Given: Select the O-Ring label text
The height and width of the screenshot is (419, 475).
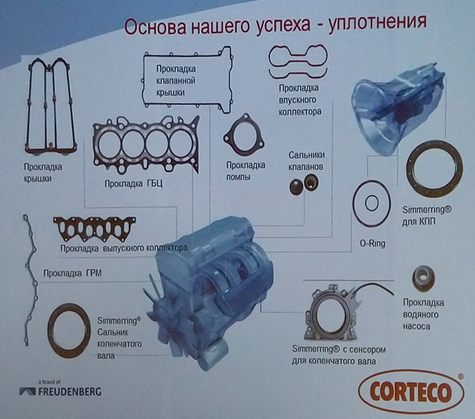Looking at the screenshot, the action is click(x=372, y=243).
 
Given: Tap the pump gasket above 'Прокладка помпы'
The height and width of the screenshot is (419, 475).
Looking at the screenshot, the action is click(x=242, y=136).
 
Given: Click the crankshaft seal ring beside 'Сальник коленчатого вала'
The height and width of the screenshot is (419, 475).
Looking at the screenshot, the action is click(x=69, y=331).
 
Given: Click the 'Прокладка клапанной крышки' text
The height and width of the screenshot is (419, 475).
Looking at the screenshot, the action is click(x=176, y=80).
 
